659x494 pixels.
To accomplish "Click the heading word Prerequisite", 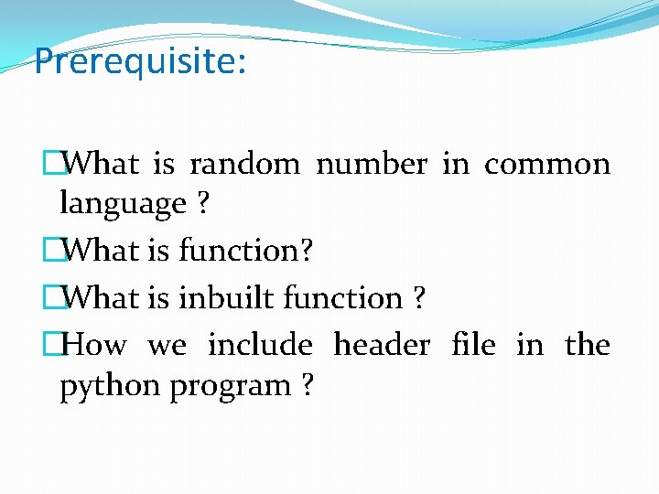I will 136,62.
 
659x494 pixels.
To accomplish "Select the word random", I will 244,164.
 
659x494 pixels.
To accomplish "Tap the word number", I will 371,164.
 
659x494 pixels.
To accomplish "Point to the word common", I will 547,165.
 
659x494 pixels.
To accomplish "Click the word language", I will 123,205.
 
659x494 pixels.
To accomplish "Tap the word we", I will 167,346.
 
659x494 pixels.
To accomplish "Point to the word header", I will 382,345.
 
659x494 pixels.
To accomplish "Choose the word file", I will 474,345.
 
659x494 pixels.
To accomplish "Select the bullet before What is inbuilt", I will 51,298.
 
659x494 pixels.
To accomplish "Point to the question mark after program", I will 307,386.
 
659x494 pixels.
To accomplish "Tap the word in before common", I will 455,164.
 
